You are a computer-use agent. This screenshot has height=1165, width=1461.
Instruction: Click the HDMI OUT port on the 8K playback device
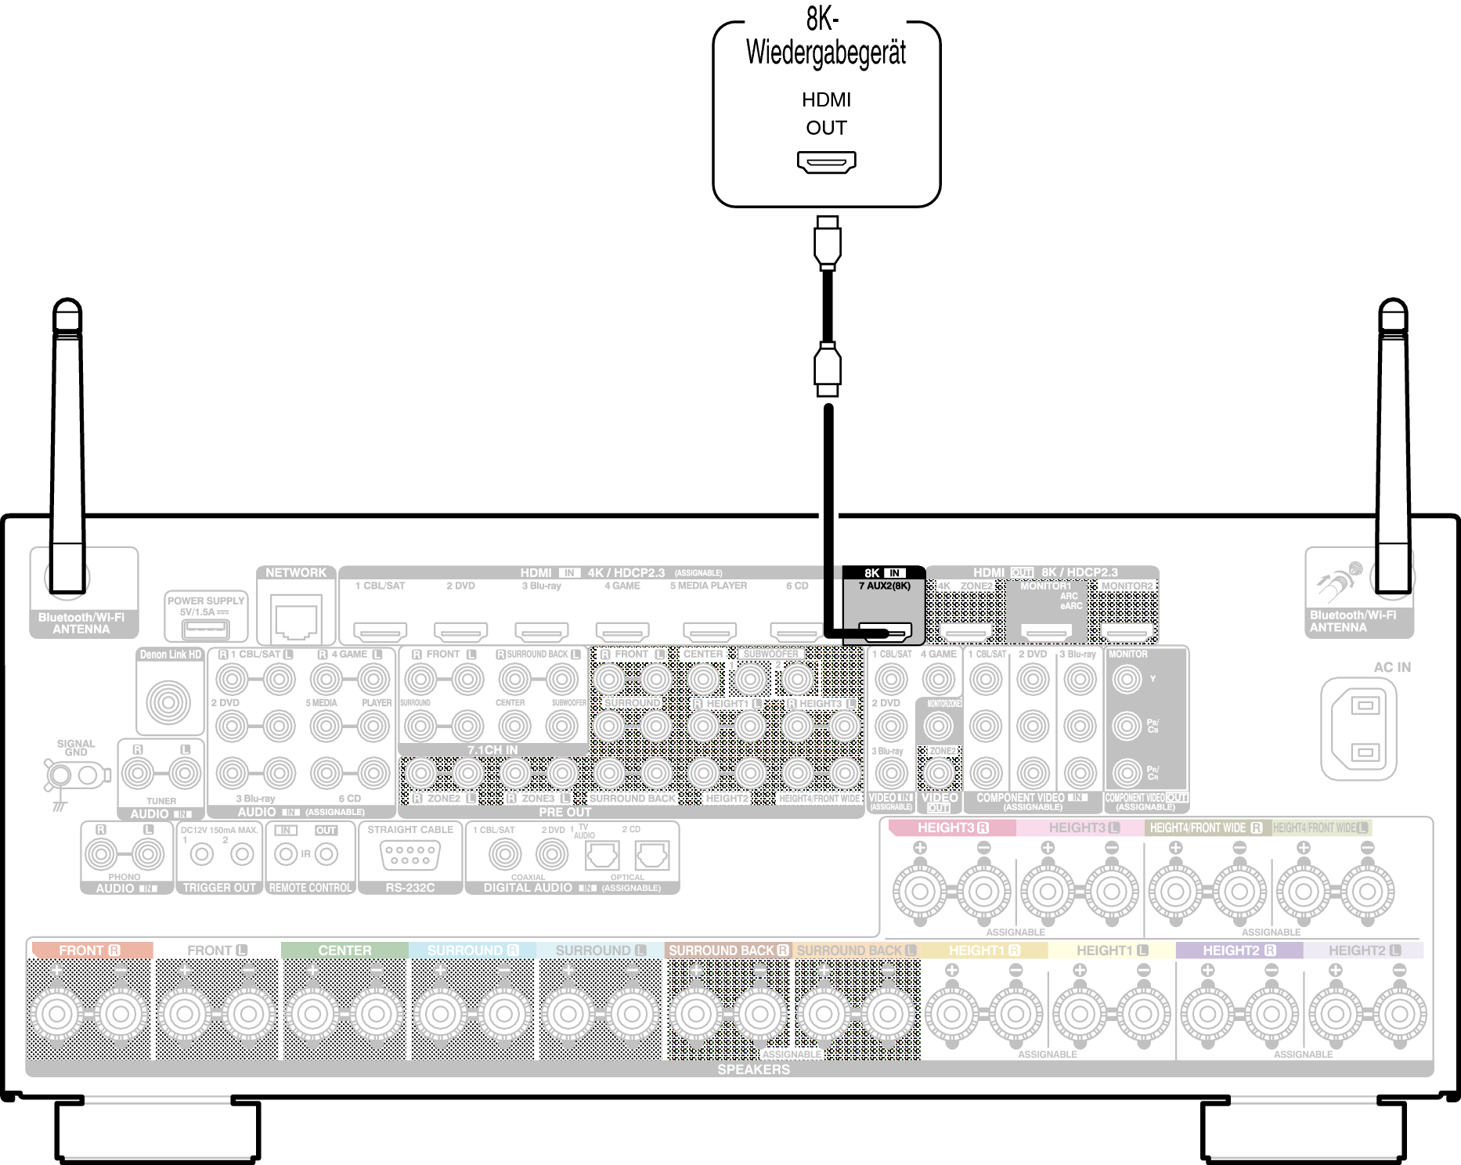point(826,162)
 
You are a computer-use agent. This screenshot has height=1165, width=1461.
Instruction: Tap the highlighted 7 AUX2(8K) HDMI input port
point(885,630)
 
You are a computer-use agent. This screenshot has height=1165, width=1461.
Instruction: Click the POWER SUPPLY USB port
point(205,628)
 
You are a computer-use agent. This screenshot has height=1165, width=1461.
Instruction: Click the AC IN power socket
point(1358,728)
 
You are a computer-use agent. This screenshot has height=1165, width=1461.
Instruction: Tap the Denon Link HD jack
point(168,702)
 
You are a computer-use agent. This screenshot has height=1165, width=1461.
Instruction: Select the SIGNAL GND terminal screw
point(60,776)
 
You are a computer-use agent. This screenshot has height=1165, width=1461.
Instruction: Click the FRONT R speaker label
point(89,950)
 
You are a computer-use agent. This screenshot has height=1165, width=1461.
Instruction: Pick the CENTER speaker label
point(345,950)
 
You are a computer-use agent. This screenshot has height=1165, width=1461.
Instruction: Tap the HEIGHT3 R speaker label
point(952,828)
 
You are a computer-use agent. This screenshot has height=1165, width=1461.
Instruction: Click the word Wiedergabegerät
point(826,53)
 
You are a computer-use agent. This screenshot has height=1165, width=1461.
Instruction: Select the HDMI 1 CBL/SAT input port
point(381,630)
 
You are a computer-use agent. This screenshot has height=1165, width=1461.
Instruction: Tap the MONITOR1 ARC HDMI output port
point(1046,630)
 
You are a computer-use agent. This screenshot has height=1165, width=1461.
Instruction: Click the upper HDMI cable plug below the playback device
point(827,243)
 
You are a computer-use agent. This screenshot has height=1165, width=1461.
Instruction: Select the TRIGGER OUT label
point(219,888)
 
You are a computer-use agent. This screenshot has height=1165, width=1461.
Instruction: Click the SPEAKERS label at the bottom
point(753,1069)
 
